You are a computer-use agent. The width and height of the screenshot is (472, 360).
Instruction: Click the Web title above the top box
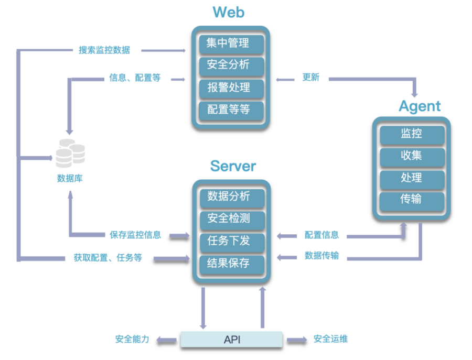pos(229,12)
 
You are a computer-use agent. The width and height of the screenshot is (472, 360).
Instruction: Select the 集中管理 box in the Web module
pos(231,43)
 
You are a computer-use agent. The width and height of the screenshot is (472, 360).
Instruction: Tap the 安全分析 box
pos(231,65)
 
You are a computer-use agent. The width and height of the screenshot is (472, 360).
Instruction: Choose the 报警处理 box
pos(231,88)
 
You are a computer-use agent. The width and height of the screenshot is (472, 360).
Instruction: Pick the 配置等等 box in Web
pos(231,110)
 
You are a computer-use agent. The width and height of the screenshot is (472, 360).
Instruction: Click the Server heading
pos(233,166)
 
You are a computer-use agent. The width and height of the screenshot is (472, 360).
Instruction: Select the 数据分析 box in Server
pos(231,197)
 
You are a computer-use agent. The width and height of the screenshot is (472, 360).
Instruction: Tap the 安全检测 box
pos(231,219)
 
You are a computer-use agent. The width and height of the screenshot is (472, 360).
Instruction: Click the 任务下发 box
pos(231,241)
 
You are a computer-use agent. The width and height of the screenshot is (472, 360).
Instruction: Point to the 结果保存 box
pos(231,263)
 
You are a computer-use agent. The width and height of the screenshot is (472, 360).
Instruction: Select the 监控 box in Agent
pos(411,134)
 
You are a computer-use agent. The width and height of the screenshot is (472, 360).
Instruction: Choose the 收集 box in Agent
pos(411,156)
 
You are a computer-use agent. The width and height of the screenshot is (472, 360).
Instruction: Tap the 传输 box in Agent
pos(411,200)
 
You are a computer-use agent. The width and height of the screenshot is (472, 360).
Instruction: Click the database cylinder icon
pos(70,152)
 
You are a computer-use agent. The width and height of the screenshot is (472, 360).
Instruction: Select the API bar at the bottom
pos(232,340)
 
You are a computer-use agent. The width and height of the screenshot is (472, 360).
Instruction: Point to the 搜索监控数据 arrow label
pos(104,50)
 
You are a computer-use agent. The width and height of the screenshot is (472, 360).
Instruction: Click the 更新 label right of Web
pos(311,78)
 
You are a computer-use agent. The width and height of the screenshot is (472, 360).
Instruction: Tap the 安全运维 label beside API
pos(330,339)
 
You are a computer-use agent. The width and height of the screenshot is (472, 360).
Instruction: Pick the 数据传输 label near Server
pos(321,256)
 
